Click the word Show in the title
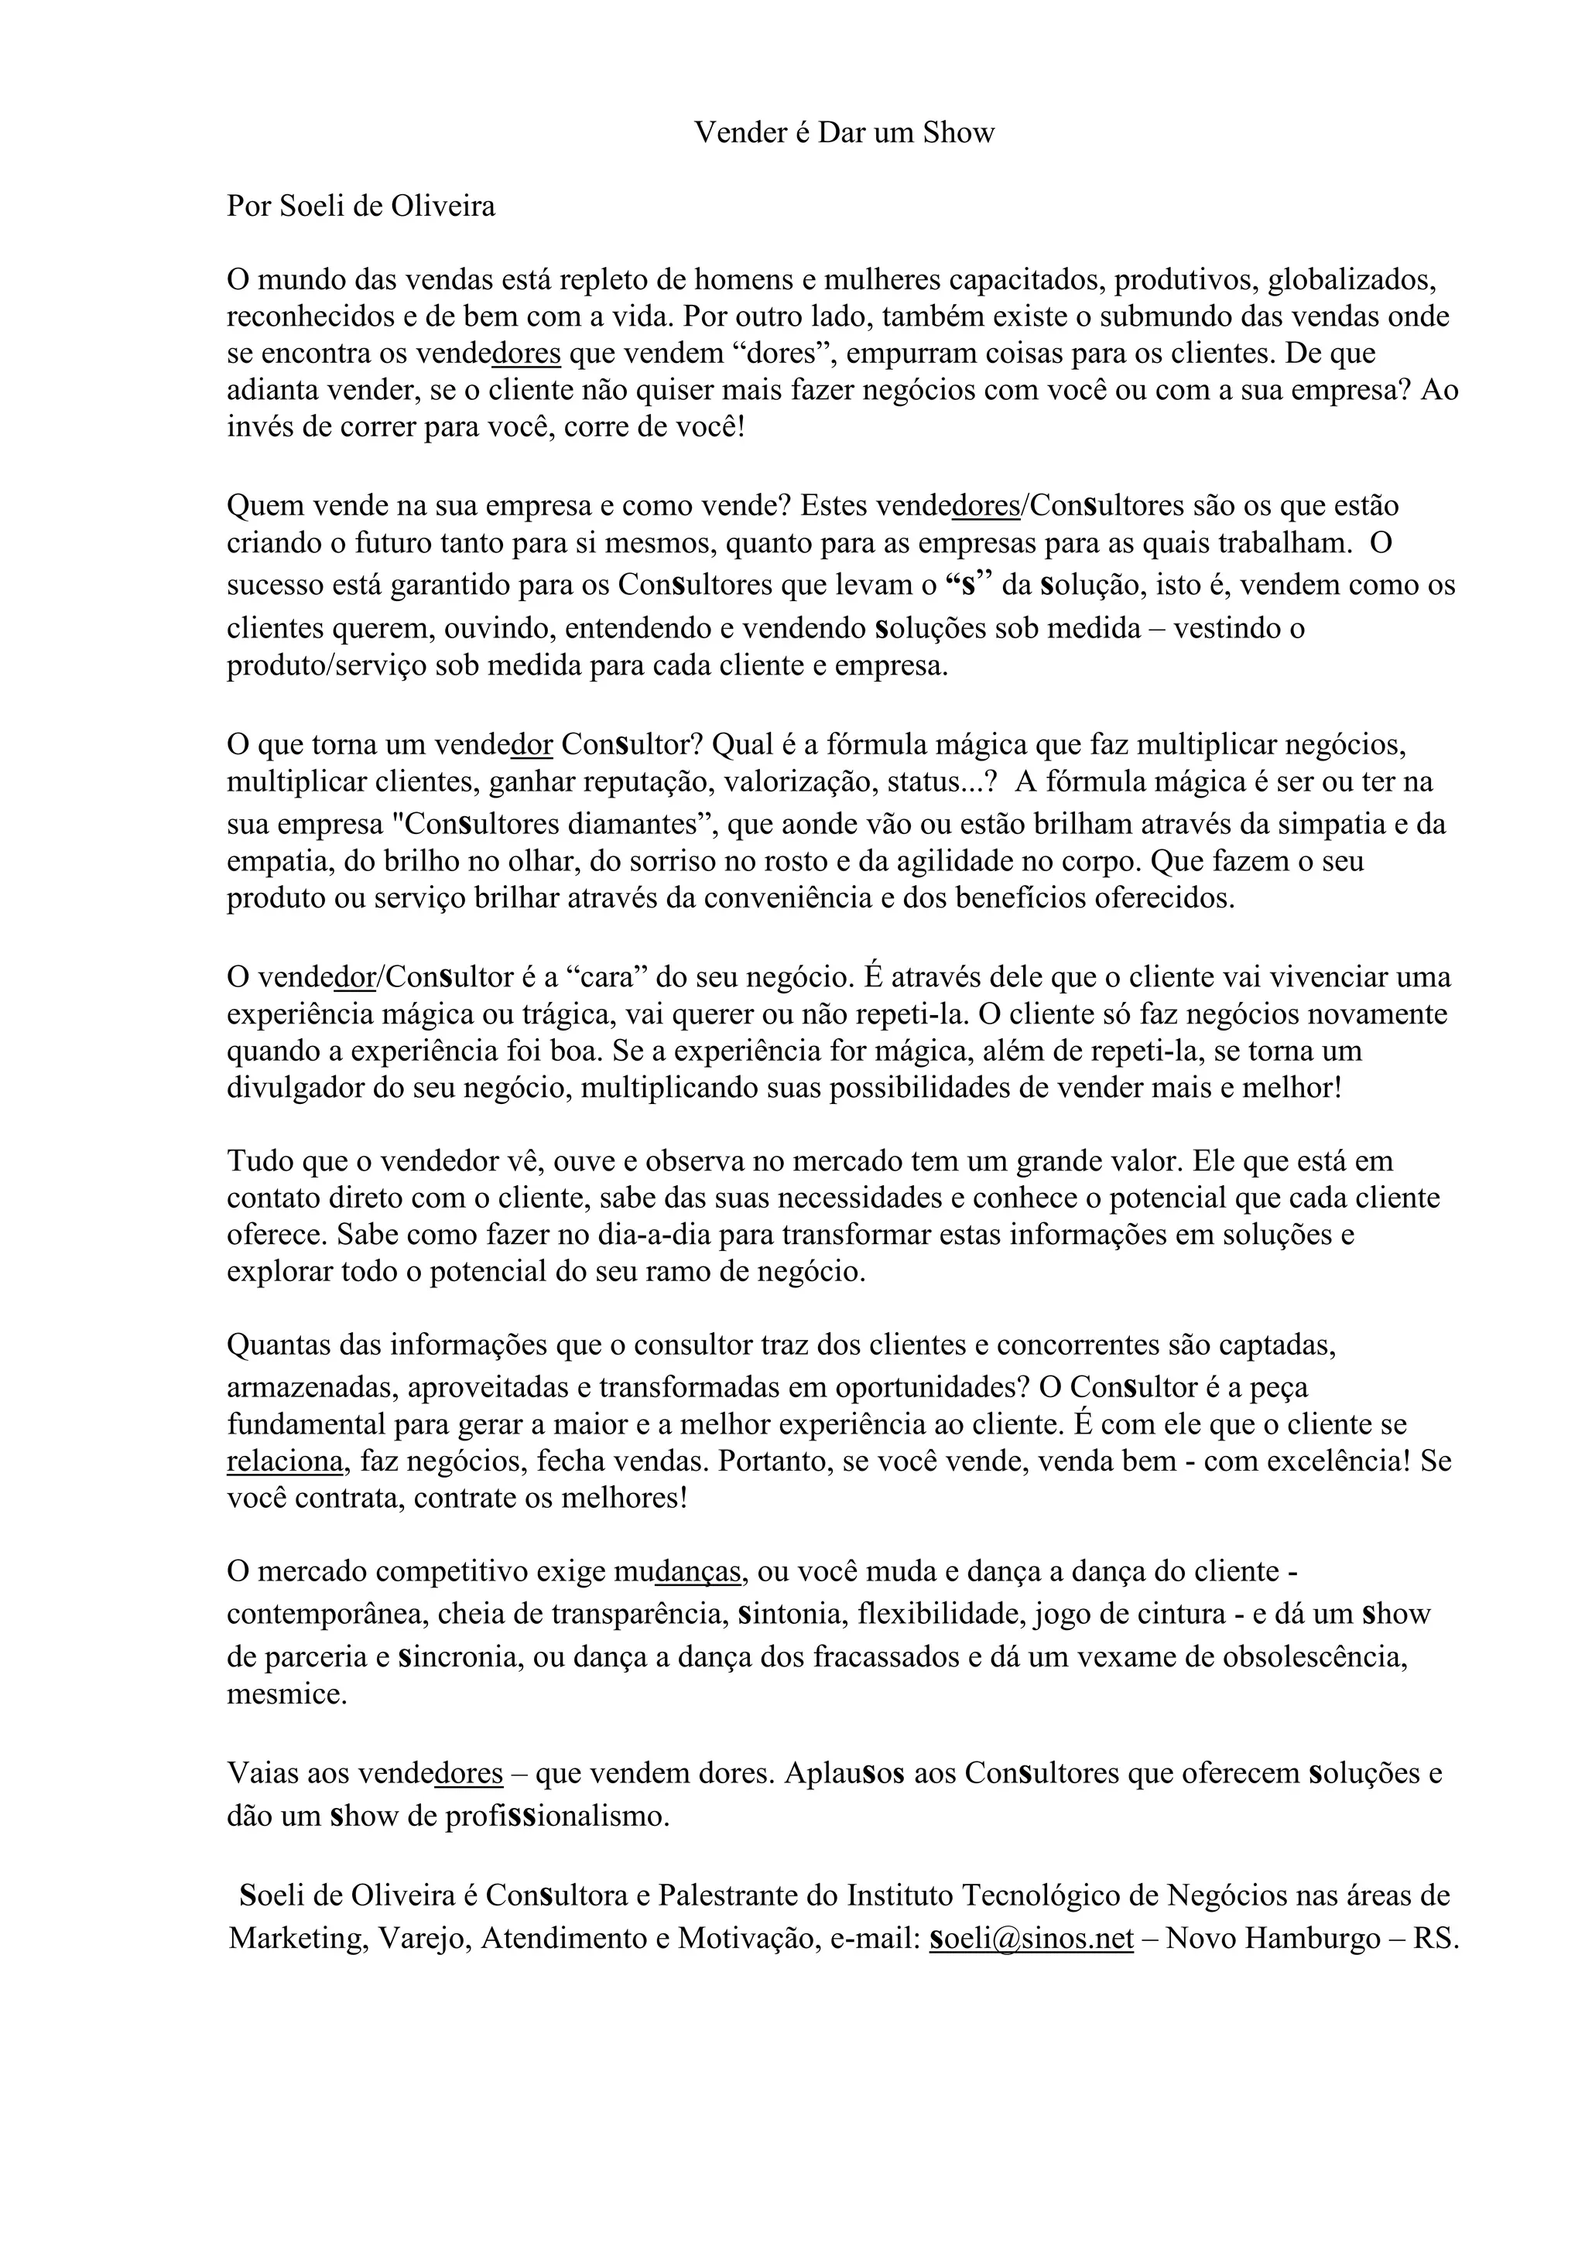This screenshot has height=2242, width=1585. [x=958, y=133]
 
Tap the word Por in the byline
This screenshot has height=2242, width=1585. [x=249, y=207]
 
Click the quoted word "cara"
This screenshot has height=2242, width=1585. [x=607, y=976]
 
